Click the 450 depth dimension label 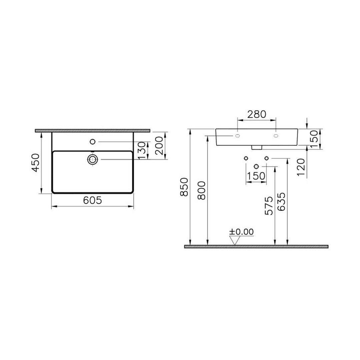click(36, 163)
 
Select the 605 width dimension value click(92, 200)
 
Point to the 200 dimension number click(159, 145)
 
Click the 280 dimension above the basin click(257, 114)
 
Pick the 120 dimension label click(301, 167)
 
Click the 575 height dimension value click(269, 205)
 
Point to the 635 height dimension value click(281, 201)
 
